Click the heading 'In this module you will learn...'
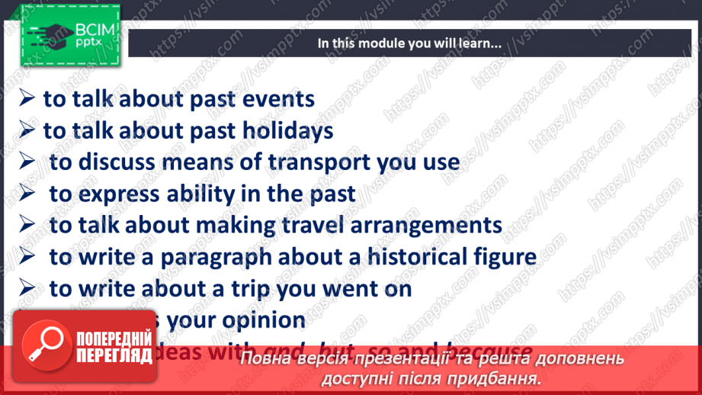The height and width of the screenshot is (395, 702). [x=409, y=43]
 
